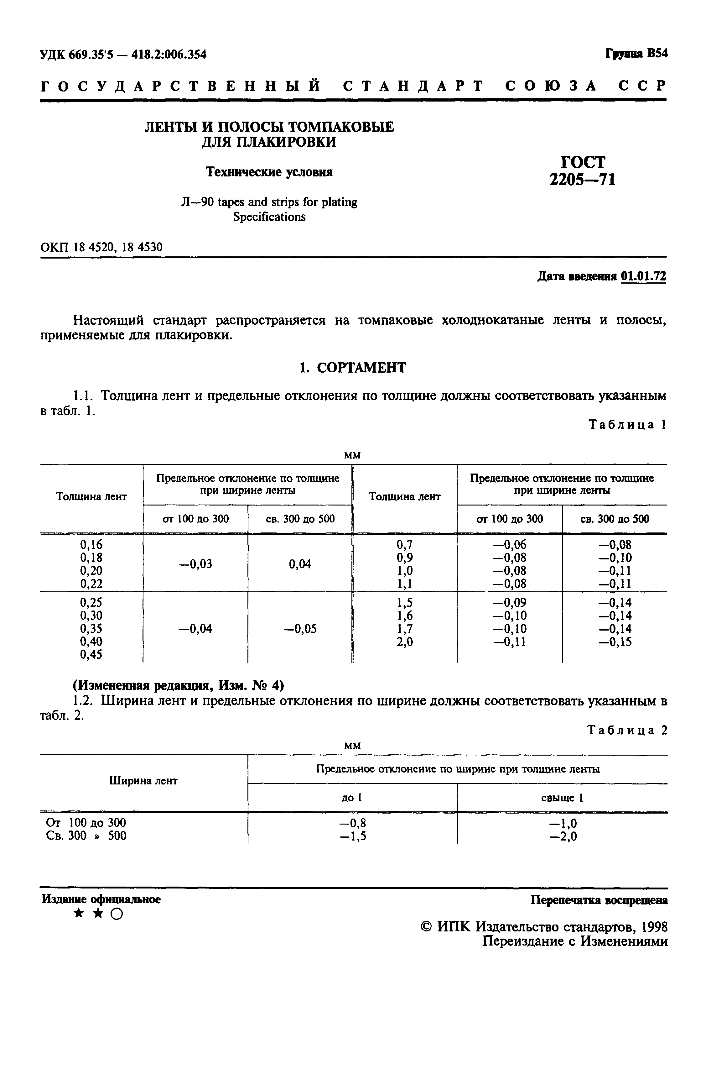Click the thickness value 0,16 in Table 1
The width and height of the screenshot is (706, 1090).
[91, 544]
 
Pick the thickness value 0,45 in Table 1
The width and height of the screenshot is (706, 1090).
[91, 654]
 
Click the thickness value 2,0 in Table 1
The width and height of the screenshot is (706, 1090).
[405, 642]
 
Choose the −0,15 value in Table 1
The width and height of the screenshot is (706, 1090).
[615, 642]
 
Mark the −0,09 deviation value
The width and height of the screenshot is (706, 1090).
[510, 602]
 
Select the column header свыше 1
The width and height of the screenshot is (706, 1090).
[562, 798]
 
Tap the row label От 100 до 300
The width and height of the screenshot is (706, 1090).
[86, 823]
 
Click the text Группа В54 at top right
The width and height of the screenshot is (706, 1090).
[636, 54]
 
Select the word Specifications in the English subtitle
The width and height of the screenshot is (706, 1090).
[269, 217]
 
